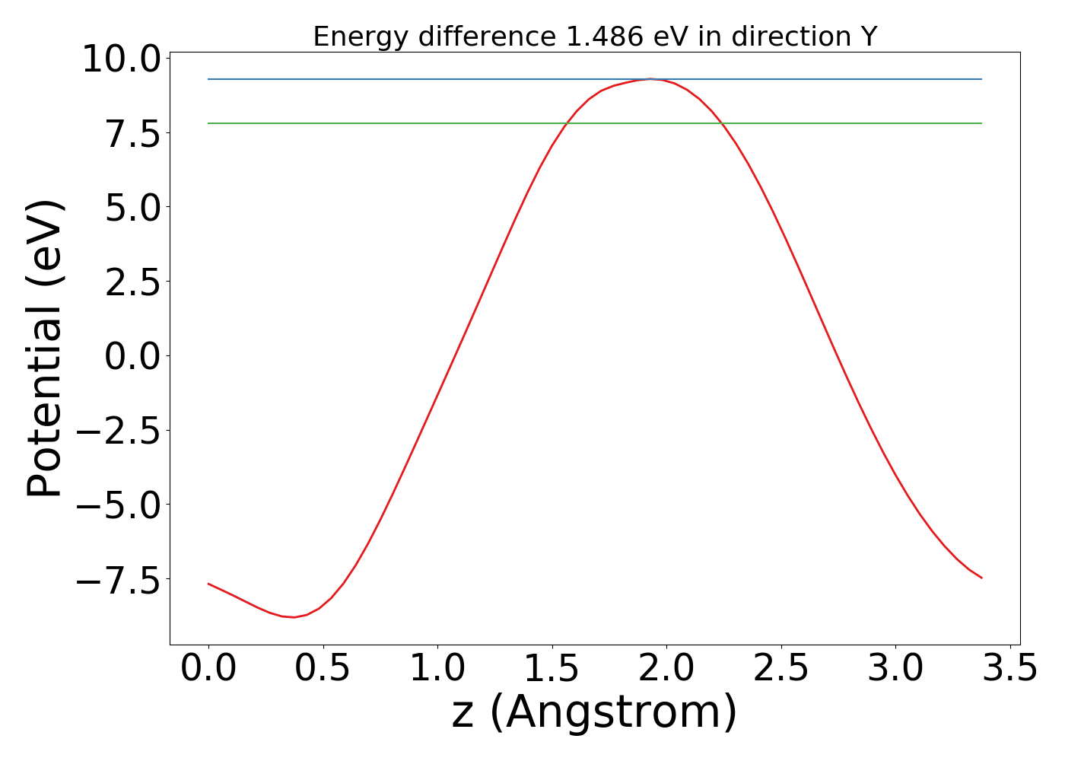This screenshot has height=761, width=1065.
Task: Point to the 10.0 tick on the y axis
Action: pyautogui.click(x=121, y=59)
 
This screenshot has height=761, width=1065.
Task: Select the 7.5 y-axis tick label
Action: pyautogui.click(x=132, y=133)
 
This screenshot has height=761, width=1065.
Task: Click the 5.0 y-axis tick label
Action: pyautogui.click(x=132, y=207)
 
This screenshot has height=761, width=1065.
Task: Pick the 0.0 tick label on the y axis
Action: pyautogui.click(x=132, y=356)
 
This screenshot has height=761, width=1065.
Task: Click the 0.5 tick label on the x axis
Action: pyautogui.click(x=323, y=668)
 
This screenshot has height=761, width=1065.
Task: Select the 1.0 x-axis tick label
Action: pyautogui.click(x=437, y=668)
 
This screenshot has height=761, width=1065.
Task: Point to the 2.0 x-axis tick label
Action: pyautogui.click(x=666, y=668)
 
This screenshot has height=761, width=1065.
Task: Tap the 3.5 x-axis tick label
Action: pyautogui.click(x=1009, y=668)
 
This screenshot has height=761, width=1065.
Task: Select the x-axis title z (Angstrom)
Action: pyautogui.click(x=594, y=712)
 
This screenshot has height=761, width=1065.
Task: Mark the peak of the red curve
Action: pyautogui.click(x=651, y=79)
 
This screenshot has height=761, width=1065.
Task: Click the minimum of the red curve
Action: pyautogui.click(x=294, y=617)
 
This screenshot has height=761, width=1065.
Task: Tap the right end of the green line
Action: pyautogui.click(x=981, y=123)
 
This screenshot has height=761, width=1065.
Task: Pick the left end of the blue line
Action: pyautogui.click(x=208, y=79)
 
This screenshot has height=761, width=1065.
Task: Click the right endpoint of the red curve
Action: pyautogui.click(x=981, y=578)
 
